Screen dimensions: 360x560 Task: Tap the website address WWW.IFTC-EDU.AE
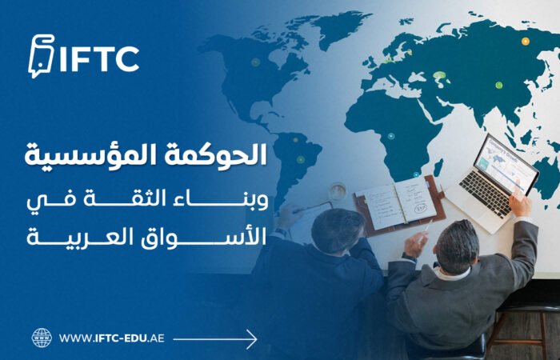point(112,338)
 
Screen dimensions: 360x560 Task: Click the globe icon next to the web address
point(42,338)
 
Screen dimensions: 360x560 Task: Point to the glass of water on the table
point(338,192)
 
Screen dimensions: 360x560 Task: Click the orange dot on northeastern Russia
point(526,41)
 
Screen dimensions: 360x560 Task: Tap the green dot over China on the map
point(498,85)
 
